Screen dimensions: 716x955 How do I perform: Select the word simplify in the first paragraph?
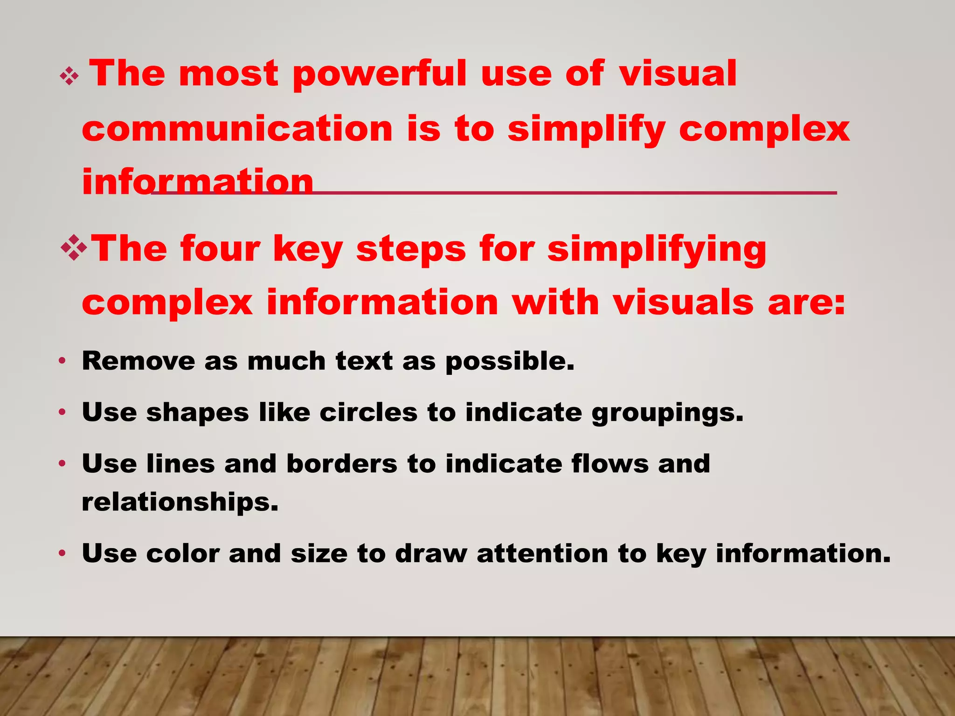point(586,130)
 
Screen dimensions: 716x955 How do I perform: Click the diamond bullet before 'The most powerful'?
point(69,76)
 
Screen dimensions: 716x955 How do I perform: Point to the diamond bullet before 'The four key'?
point(74,248)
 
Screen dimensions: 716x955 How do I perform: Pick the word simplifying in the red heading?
point(657,250)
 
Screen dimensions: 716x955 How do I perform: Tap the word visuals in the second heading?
point(683,303)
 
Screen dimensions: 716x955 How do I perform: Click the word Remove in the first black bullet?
point(138,361)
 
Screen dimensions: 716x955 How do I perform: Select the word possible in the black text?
point(510,362)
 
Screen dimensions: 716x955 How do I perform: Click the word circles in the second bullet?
point(368,413)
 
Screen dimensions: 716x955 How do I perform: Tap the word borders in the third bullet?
point(342,464)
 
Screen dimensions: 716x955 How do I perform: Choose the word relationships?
point(180,502)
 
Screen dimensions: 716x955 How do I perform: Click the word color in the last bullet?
point(183,553)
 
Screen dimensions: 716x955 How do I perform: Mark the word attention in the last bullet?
point(542,553)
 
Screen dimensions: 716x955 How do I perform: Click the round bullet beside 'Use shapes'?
point(62,412)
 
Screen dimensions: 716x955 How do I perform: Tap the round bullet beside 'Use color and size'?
point(62,553)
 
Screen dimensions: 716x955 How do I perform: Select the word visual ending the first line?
point(678,74)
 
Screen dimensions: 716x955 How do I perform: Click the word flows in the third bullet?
point(610,464)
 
